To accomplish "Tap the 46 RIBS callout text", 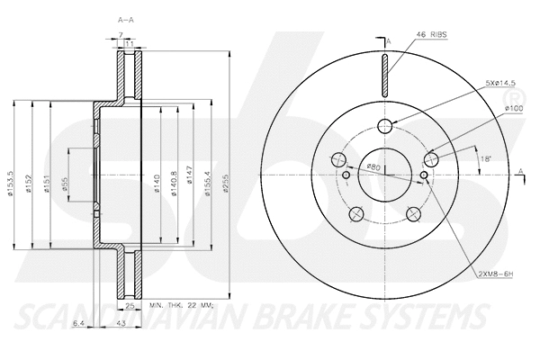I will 432,34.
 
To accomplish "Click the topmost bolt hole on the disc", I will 384,126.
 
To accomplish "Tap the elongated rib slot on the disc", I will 384,74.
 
